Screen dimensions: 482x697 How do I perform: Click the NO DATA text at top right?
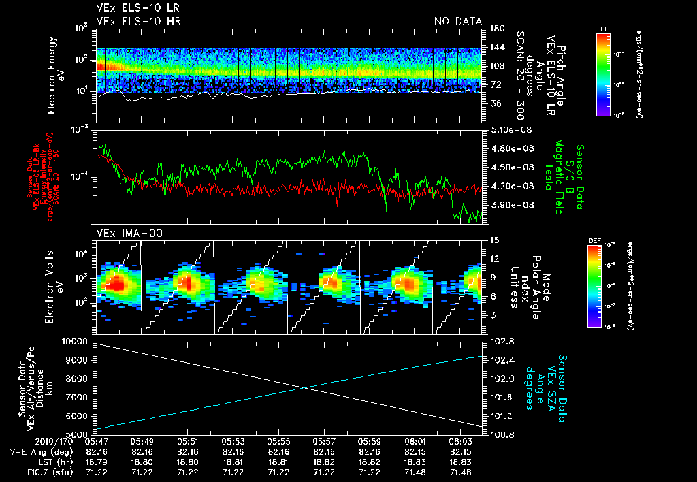[x=458, y=22]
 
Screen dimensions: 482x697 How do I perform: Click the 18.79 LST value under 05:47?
[x=96, y=462]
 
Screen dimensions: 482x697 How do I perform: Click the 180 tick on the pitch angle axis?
[x=496, y=28]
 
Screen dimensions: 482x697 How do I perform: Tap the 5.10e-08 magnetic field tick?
[x=507, y=129]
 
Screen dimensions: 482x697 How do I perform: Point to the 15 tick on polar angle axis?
[x=495, y=240]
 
